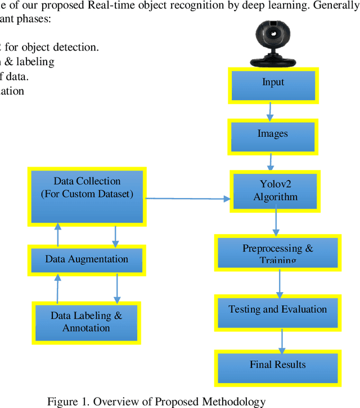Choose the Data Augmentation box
[87, 260]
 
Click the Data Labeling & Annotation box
[87, 322]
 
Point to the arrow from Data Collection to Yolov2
[188, 198]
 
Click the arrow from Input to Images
[270, 111]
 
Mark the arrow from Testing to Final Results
[282, 340]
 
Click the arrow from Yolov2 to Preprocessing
[276, 223]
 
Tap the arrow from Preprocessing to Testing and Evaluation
[279, 284]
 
